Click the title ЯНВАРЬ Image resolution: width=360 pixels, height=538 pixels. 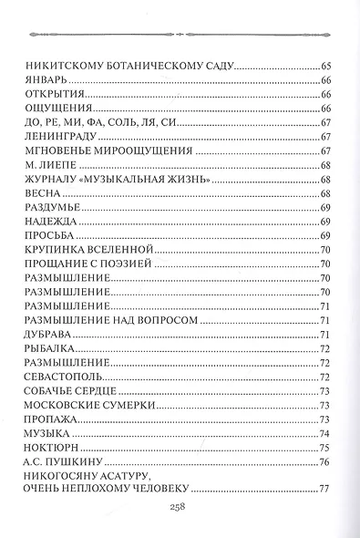[x=52, y=80]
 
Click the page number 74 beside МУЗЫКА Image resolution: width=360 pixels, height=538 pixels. [x=324, y=433]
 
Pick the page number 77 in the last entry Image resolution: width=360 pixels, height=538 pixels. [x=324, y=490]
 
